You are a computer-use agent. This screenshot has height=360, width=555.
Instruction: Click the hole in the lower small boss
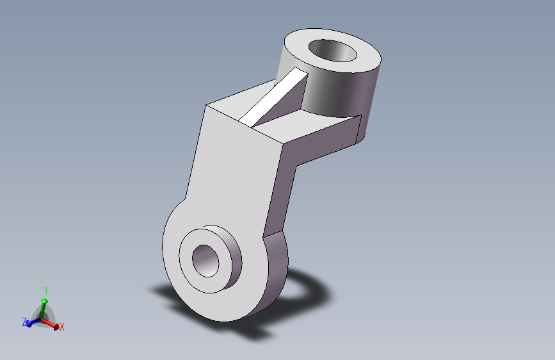[x=206, y=261]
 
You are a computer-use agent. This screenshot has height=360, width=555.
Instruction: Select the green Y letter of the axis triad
[x=45, y=291]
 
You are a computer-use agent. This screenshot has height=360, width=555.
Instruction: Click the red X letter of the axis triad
[x=62, y=327]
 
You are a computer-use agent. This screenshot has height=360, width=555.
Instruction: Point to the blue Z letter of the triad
[x=24, y=322]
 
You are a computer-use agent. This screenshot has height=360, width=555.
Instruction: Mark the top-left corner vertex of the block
[x=205, y=106]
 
